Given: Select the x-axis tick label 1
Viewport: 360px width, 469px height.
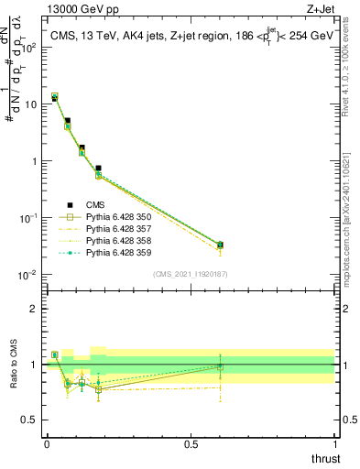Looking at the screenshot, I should [x=334, y=444].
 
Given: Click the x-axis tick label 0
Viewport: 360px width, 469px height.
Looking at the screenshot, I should [x=46, y=444].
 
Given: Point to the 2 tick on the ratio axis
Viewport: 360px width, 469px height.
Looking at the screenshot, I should [x=35, y=309].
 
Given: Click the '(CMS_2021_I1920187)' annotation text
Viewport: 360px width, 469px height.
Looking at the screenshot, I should [x=190, y=273].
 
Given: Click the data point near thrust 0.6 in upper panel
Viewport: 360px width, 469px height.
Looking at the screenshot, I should [x=220, y=245].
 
